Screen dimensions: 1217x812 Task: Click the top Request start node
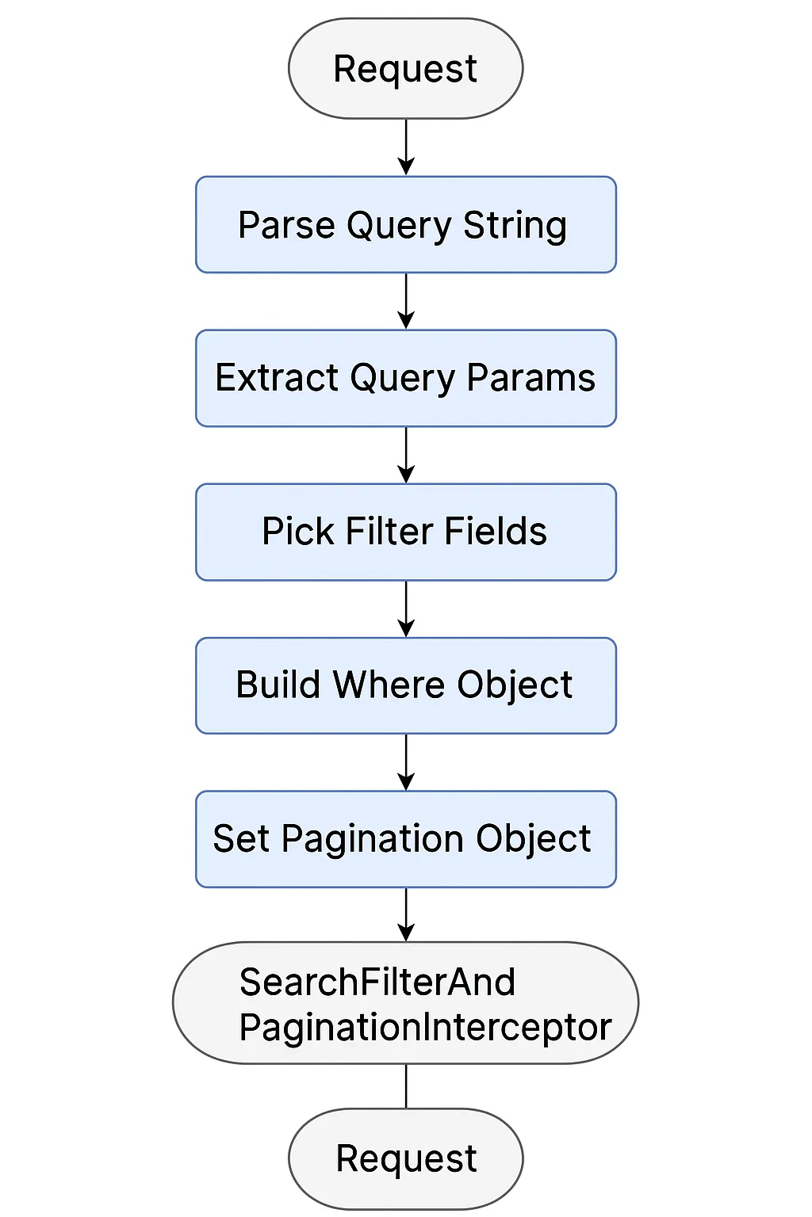(405, 69)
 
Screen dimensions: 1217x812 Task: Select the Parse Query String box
(405, 225)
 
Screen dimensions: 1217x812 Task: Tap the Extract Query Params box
(405, 378)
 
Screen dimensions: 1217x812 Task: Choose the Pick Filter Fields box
(405, 532)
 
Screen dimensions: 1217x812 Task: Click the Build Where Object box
(405, 685)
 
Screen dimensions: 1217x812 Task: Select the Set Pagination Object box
(405, 839)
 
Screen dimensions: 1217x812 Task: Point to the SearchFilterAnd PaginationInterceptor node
(405, 1003)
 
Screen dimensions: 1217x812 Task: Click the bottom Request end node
(405, 1158)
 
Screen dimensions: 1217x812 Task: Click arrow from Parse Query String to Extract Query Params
(406, 301)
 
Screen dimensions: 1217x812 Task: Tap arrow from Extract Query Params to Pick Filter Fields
(406, 455)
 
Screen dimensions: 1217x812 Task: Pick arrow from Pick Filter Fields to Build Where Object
(406, 608)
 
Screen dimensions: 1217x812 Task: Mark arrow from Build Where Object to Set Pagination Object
(406, 762)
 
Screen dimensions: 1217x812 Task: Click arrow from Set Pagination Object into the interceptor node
(406, 914)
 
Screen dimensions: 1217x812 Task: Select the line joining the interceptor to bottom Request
(406, 1086)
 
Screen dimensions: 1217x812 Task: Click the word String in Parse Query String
(515, 226)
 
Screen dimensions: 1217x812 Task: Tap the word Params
(530, 378)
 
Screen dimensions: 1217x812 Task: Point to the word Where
(388, 685)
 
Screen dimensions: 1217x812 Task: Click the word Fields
(496, 532)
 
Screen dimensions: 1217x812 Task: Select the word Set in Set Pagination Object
(241, 839)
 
